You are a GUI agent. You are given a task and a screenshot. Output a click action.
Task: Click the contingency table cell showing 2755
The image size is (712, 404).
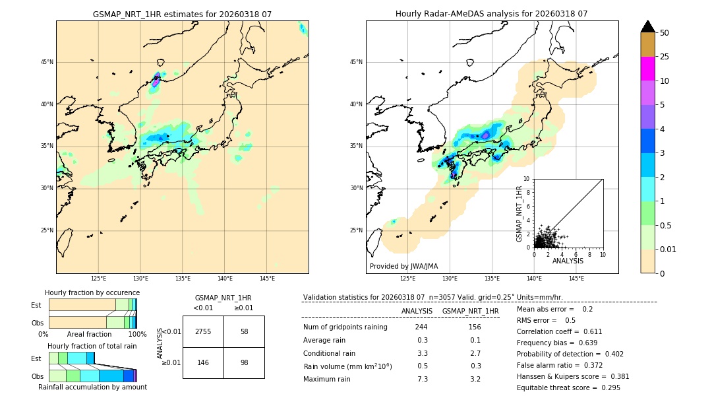coord(203,331)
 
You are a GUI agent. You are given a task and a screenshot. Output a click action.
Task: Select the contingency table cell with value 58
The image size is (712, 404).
coord(244,331)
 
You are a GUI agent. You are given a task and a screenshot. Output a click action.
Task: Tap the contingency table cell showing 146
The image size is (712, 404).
coord(203,362)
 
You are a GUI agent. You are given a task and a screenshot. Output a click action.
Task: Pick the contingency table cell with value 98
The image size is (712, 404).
coord(244,362)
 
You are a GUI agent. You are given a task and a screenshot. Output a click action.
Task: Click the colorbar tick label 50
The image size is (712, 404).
coord(665,33)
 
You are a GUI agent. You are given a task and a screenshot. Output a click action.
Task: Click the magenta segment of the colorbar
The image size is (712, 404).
coord(648,69)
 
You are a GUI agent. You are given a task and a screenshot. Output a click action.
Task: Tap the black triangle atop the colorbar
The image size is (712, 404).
coord(648,26)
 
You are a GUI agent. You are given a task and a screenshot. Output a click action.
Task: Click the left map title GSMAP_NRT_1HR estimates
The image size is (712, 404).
coord(182,14)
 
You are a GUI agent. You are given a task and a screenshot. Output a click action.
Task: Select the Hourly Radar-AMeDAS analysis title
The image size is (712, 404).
coord(492,14)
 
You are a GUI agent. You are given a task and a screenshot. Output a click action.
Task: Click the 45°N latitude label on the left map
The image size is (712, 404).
coord(47,62)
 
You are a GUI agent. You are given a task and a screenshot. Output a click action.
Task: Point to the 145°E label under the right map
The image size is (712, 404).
coord(576,279)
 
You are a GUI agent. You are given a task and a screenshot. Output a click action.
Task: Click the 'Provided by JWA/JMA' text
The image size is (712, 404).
coord(403,267)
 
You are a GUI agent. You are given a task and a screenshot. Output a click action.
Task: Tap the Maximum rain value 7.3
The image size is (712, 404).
coord(423,379)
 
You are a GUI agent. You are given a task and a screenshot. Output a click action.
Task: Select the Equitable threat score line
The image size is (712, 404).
coord(568,387)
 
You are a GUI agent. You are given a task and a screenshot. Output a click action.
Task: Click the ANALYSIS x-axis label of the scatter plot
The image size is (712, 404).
coord(568,261)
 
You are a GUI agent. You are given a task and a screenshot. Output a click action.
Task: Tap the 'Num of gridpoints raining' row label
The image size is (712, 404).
coord(345,327)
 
